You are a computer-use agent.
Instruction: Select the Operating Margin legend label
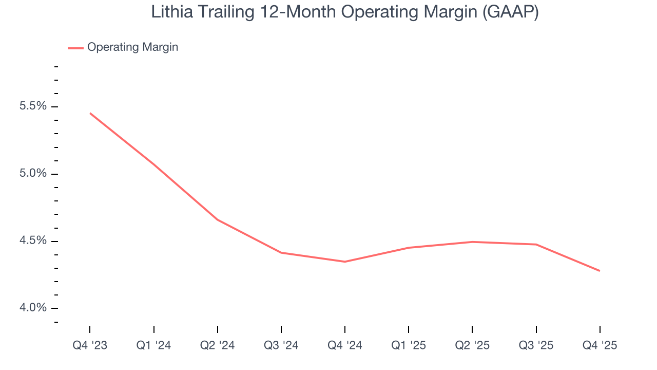pos(132,47)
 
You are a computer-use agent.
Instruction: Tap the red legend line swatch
pos(75,48)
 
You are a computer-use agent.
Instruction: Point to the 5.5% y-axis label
pos(33,106)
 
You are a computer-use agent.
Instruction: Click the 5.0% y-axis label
pos(33,174)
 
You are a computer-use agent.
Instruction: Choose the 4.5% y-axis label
pos(33,241)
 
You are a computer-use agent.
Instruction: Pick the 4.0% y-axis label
pos(33,308)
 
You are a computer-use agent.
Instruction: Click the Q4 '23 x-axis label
pos(90,345)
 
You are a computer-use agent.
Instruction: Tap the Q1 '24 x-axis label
pos(153,345)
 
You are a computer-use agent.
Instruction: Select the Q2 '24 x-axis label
pos(218,345)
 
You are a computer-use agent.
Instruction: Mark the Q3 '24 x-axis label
pos(281,345)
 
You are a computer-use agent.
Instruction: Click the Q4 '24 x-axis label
pos(345,345)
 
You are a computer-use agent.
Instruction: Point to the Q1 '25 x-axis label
pos(409,345)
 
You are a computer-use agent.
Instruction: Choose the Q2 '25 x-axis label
pos(472,345)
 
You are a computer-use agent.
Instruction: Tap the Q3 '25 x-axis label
pos(536,345)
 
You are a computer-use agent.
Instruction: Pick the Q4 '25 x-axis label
pos(600,345)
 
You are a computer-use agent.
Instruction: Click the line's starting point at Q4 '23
pos(90,113)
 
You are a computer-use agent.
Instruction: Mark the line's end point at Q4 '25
pos(600,271)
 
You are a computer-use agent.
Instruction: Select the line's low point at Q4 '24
pos(345,262)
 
